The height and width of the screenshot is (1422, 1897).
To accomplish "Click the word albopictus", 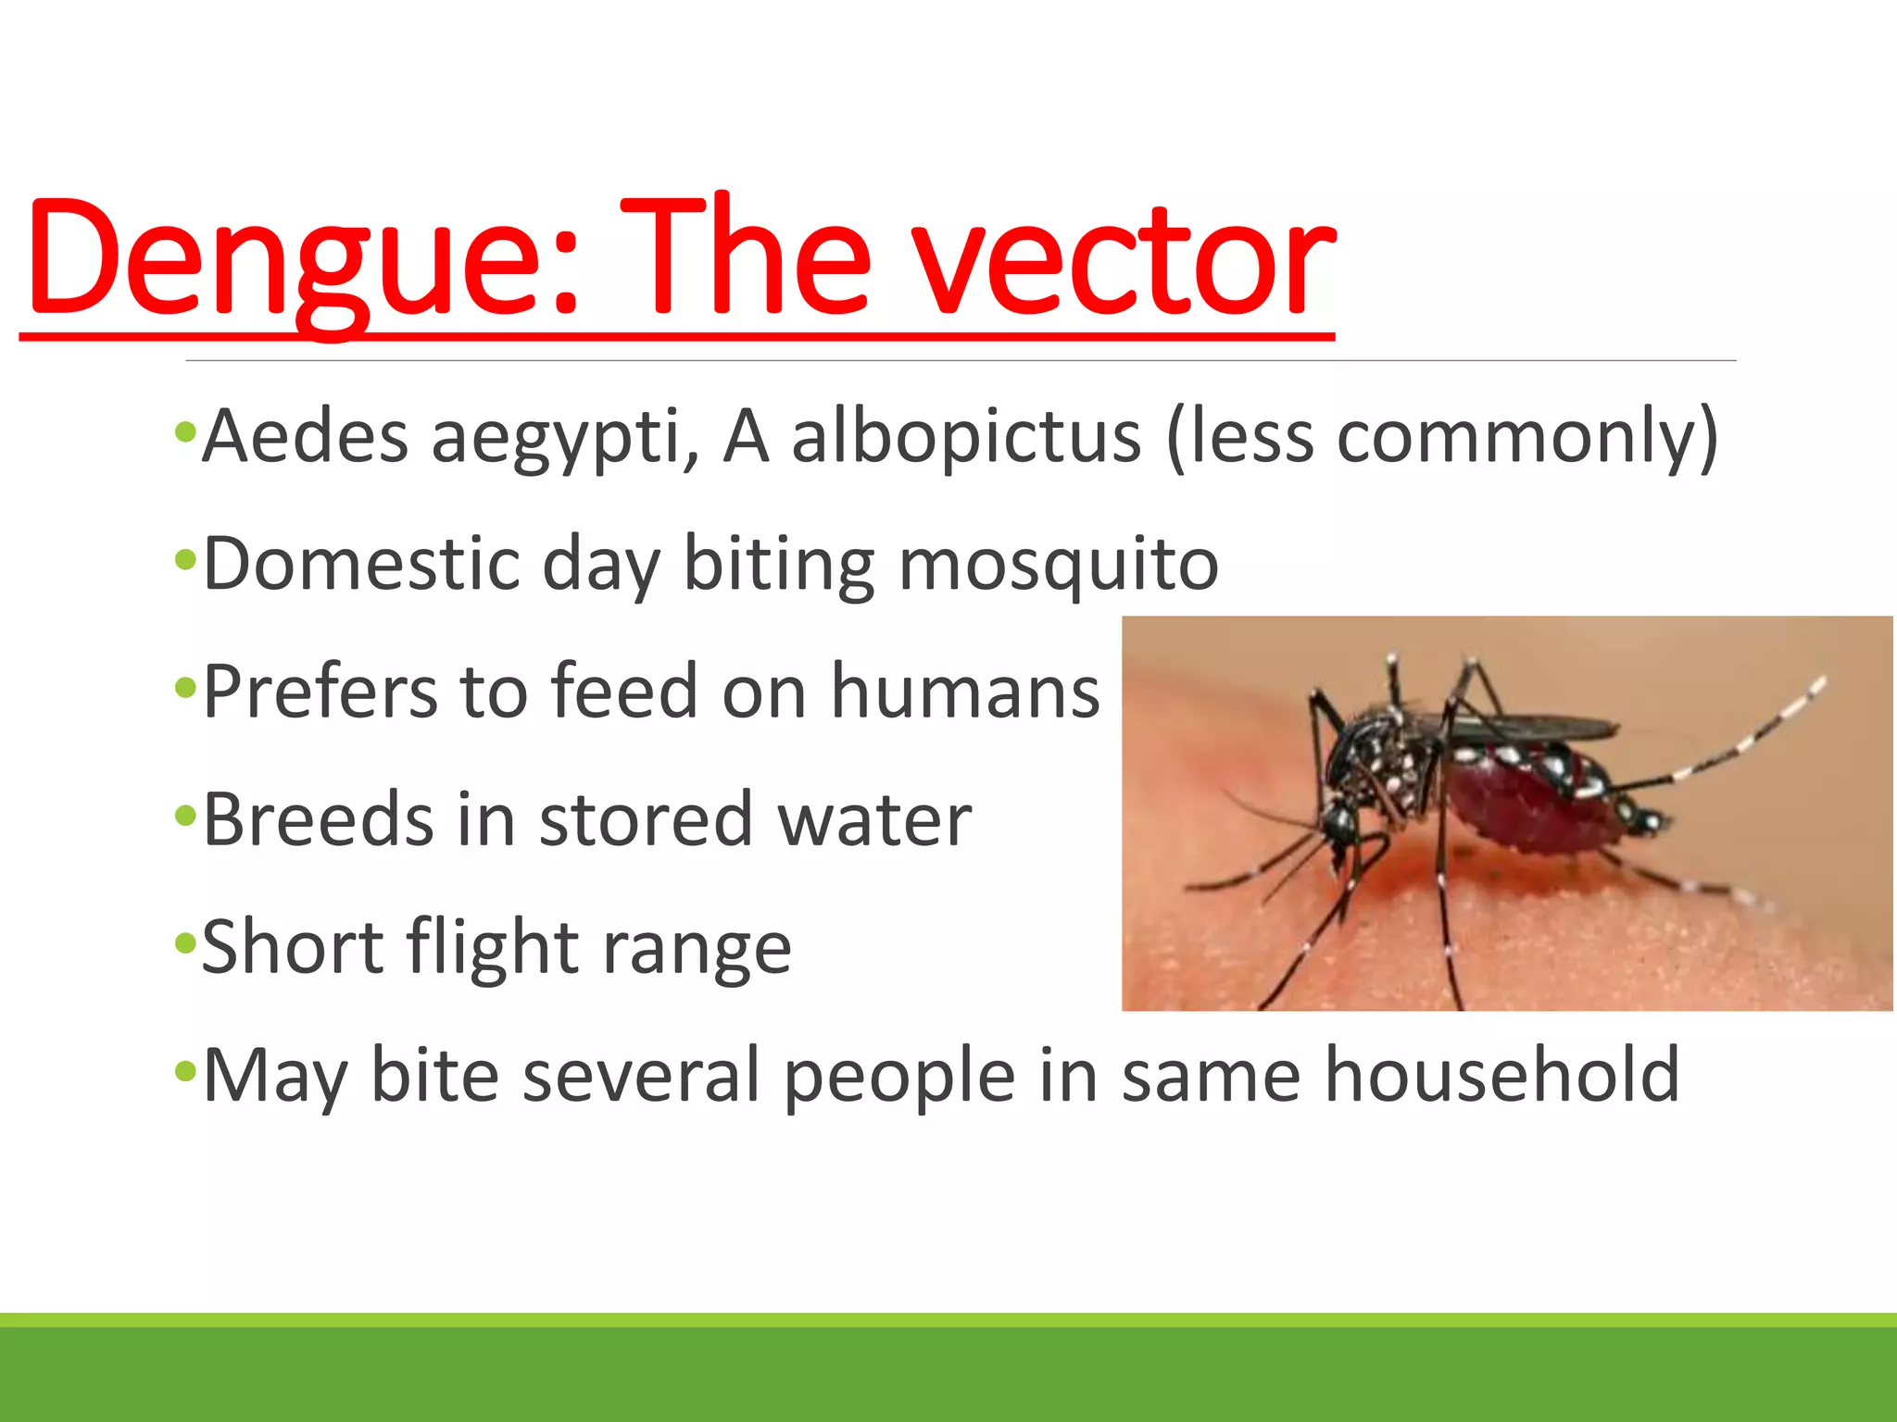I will point(966,436).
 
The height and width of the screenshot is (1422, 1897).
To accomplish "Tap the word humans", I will point(965,692).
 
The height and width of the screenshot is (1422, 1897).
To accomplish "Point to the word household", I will point(1501,1076).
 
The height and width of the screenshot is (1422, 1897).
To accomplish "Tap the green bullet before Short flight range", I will point(185,944).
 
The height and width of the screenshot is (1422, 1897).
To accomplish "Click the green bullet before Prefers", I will point(185,688).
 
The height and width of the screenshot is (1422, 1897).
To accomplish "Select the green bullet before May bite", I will point(185,1072).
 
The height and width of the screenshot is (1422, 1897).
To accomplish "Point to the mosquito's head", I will point(1339,824).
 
